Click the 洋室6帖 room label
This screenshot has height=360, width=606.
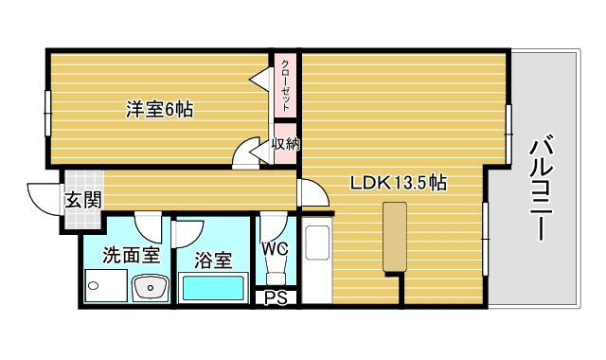(x=160, y=109)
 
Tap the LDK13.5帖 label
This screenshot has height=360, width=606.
(x=399, y=183)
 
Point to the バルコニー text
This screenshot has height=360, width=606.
(x=542, y=189)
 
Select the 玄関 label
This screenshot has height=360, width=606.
(x=79, y=200)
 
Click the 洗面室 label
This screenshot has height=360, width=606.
(x=130, y=255)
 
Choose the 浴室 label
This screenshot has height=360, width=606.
(x=213, y=260)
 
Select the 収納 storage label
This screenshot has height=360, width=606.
(x=285, y=145)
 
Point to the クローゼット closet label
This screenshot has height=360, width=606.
(x=285, y=86)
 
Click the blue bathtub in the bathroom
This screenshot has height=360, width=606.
(x=213, y=288)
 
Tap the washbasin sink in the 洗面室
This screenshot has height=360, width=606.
(x=149, y=286)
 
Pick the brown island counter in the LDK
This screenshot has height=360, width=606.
(x=395, y=238)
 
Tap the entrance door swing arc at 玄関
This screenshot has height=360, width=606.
(x=43, y=198)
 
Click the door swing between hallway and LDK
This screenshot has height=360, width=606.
(x=312, y=193)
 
